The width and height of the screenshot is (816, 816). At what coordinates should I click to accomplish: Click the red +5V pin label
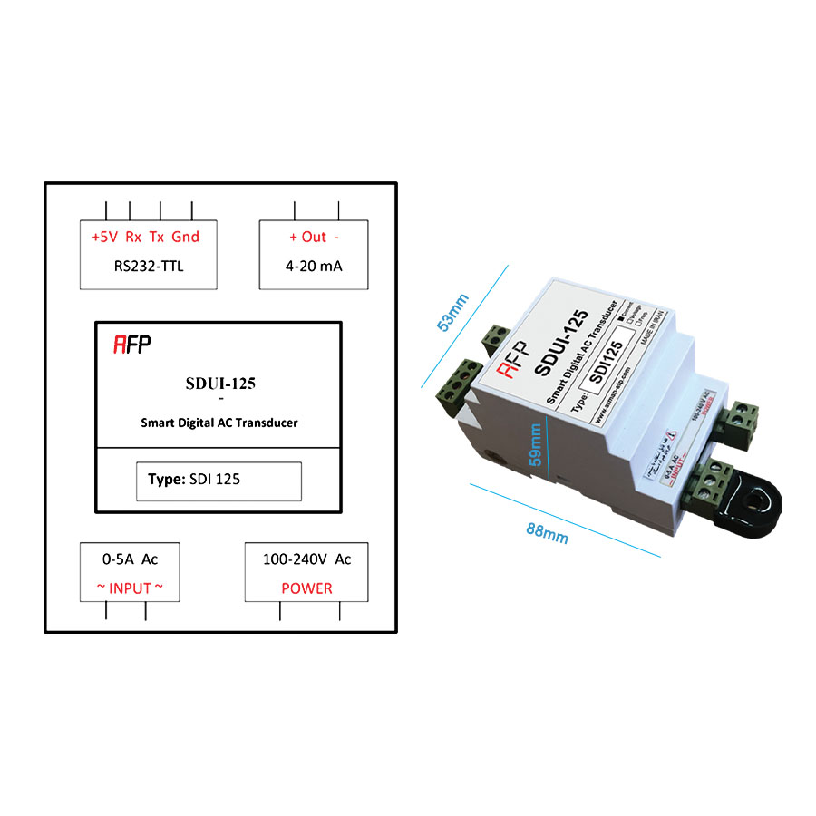click(104, 237)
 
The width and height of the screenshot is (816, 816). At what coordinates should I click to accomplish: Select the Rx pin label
click(133, 237)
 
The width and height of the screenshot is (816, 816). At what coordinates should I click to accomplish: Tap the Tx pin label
click(157, 237)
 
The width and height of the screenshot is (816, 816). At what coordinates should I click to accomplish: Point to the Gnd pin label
click(185, 237)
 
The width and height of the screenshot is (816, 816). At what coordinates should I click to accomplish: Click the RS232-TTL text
click(149, 267)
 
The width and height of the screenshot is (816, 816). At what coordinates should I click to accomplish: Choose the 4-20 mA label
click(314, 267)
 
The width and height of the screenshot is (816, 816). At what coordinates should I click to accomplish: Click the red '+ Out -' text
click(314, 237)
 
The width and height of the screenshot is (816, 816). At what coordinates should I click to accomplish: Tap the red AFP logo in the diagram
click(132, 345)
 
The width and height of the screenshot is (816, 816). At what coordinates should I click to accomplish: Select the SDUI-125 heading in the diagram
click(220, 383)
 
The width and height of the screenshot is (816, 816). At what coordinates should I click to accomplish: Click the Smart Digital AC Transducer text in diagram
click(219, 422)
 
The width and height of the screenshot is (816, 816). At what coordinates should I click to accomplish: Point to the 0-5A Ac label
click(131, 559)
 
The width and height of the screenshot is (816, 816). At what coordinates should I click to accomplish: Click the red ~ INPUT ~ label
click(131, 588)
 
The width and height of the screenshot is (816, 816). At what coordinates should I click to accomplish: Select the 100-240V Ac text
click(306, 559)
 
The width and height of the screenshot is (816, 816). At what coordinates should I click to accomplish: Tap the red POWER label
click(306, 588)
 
